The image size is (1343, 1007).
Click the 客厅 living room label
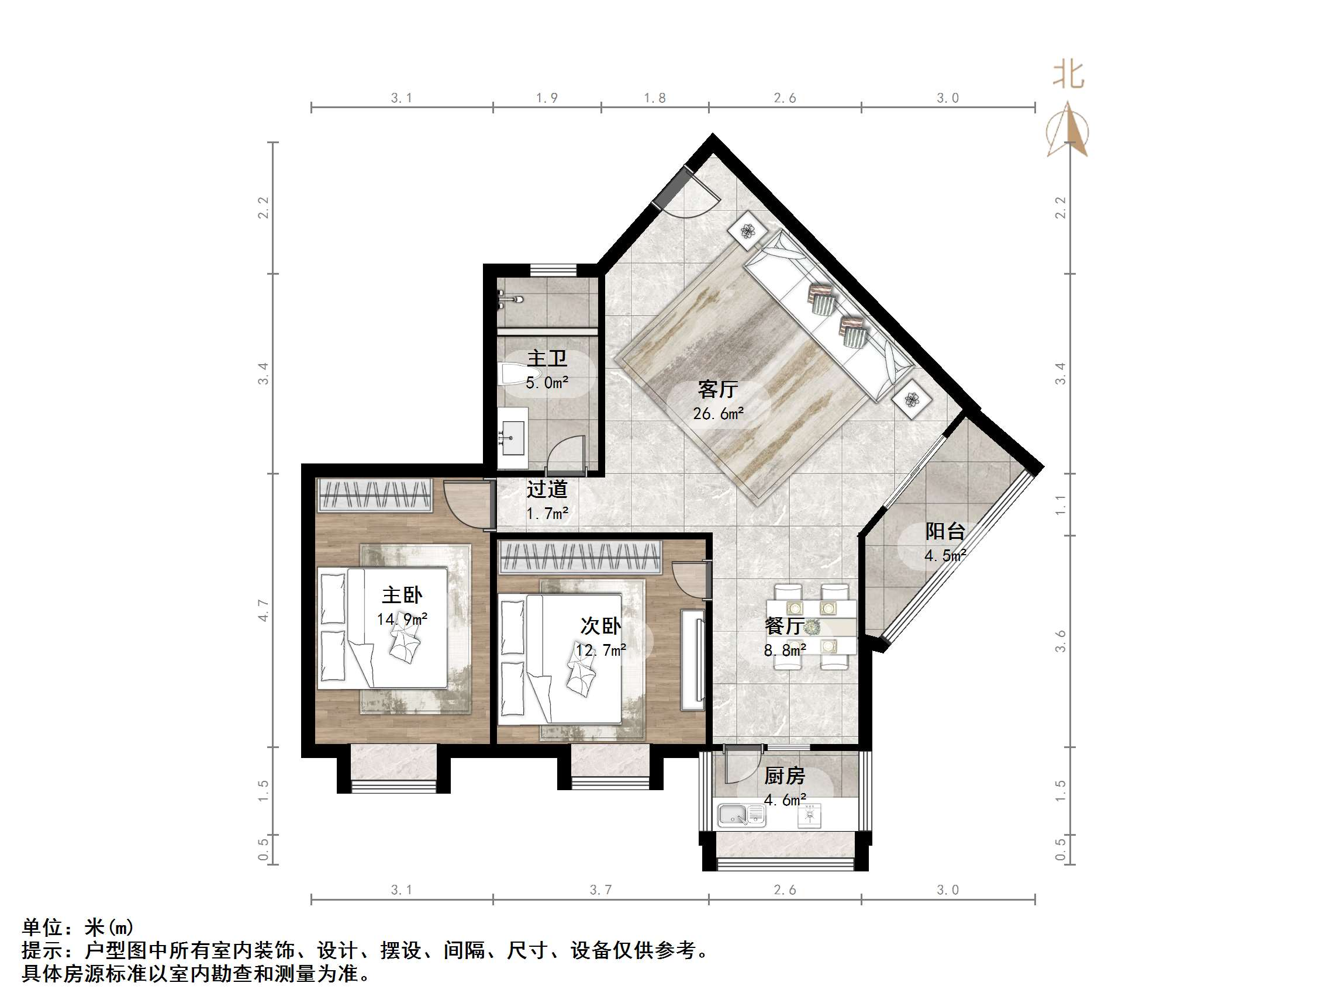click(x=717, y=389)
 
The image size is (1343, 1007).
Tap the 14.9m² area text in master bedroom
click(x=402, y=619)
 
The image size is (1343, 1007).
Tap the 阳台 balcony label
click(x=945, y=532)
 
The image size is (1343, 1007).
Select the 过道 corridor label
click(x=547, y=489)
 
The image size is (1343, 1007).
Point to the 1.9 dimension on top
click(x=547, y=98)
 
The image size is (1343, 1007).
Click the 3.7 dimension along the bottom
click(x=600, y=890)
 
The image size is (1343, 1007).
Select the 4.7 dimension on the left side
click(x=263, y=610)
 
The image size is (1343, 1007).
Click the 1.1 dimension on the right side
click(x=1060, y=504)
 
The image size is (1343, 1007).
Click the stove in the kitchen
click(x=809, y=815)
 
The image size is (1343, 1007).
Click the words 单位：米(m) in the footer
click(x=78, y=928)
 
